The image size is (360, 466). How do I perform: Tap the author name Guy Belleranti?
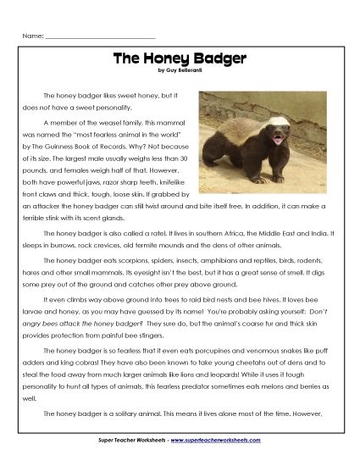[189, 69]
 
